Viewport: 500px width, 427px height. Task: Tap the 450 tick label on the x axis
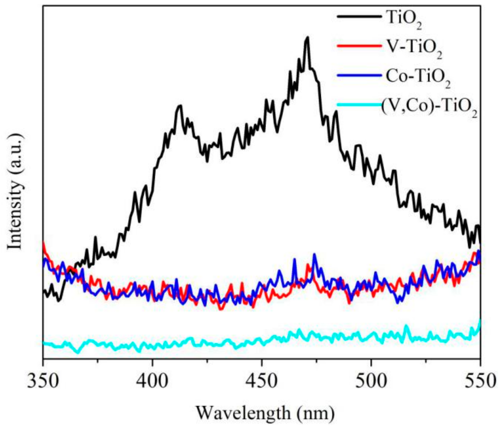point(262,381)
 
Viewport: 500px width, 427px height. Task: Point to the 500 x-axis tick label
point(371,381)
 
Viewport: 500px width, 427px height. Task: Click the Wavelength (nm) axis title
point(265,412)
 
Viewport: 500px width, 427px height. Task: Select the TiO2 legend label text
point(403,20)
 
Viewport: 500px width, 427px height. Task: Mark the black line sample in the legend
point(359,16)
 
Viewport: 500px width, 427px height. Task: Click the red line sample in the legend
point(359,46)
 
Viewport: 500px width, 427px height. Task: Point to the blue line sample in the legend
point(359,75)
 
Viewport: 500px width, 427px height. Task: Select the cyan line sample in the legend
point(359,105)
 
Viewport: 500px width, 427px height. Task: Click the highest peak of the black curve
point(308,37)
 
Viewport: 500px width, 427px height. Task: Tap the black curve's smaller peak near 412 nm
point(180,105)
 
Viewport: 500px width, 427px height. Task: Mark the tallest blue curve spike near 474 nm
point(315,254)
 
